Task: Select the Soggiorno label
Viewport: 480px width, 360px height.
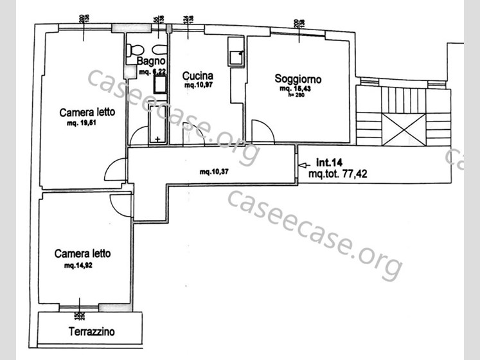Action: coord(298,79)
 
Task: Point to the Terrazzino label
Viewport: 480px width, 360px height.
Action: coord(92,332)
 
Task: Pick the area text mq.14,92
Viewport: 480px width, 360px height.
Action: coord(78,265)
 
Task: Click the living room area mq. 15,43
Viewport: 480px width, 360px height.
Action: coord(296,89)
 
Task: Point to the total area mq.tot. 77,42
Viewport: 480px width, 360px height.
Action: coord(338,174)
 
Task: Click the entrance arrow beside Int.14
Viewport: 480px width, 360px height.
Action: coord(303,165)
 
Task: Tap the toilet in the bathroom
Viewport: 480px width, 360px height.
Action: coord(134,50)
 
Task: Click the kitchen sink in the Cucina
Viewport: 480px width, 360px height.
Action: coord(235,57)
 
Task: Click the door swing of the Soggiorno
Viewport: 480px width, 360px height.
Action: coord(261,132)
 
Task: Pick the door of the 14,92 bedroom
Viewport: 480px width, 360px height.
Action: coord(121,206)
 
